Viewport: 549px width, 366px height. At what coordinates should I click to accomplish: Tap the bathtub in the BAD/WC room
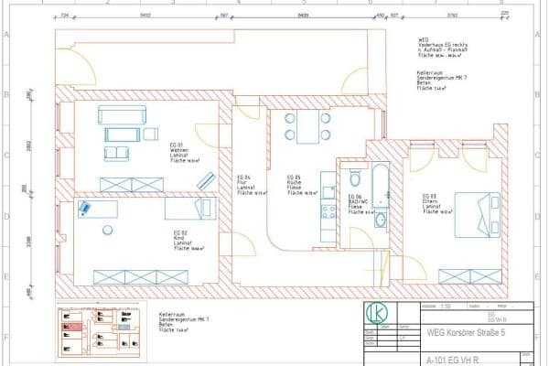(381, 182)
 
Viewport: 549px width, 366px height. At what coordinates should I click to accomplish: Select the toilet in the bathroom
(350, 177)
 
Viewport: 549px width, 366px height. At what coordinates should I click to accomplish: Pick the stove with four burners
(324, 211)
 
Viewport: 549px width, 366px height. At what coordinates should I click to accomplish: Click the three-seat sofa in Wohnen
(120, 116)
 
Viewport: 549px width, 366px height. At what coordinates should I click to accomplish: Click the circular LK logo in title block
(376, 313)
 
